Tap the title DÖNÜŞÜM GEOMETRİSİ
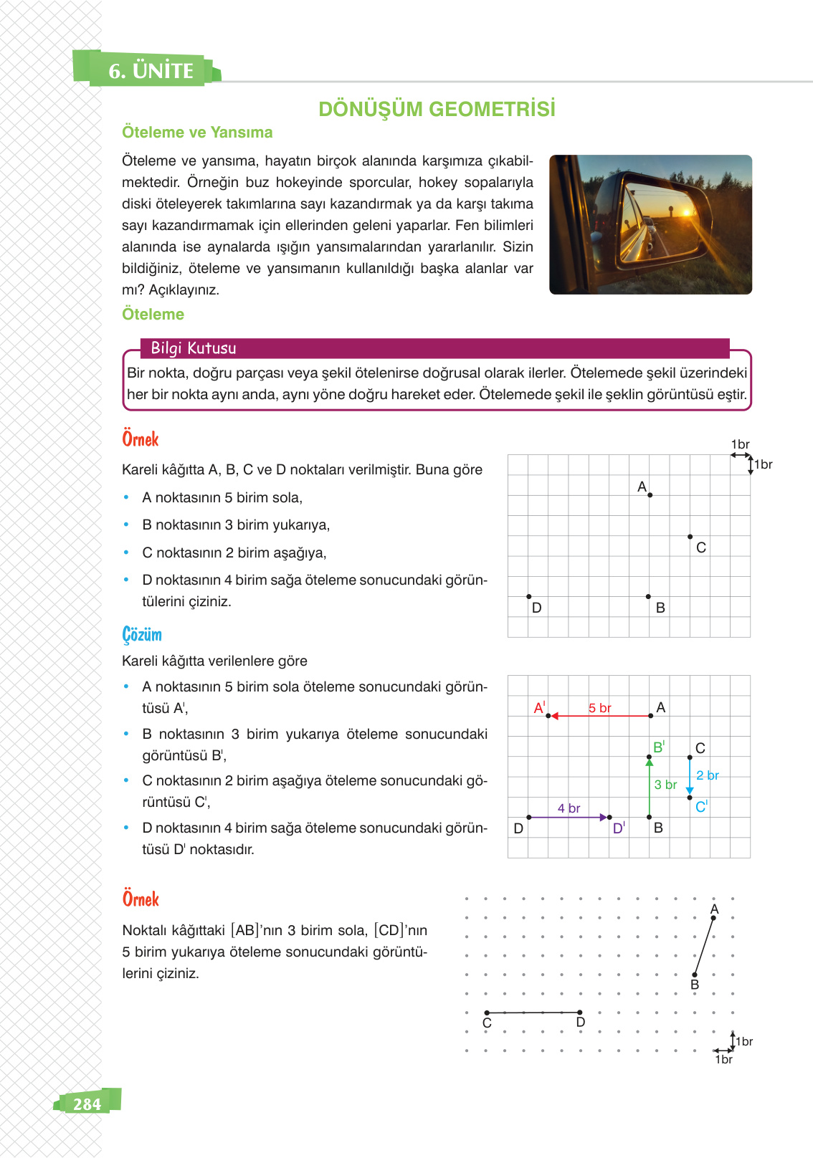pyautogui.click(x=437, y=109)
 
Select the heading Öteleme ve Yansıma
pyautogui.click(x=197, y=133)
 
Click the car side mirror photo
pyautogui.click(x=650, y=224)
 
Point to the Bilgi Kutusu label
pyautogui.click(x=193, y=348)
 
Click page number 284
pyautogui.click(x=87, y=1104)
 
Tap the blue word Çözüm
pyautogui.click(x=142, y=635)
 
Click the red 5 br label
pyautogui.click(x=599, y=708)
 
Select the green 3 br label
pyautogui.click(x=665, y=785)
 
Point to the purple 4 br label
pyautogui.click(x=569, y=808)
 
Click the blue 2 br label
pyautogui.click(x=707, y=775)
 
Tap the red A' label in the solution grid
pyautogui.click(x=539, y=708)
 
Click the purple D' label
pyautogui.click(x=619, y=828)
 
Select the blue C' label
pyautogui.click(x=701, y=807)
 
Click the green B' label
pyautogui.click(x=658, y=747)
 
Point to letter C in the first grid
pyautogui.click(x=701, y=547)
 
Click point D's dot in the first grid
pyautogui.click(x=529, y=596)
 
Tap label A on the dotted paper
pyautogui.click(x=714, y=909)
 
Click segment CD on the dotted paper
pyautogui.click(x=533, y=1013)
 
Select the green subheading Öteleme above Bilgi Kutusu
pyautogui.click(x=153, y=315)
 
